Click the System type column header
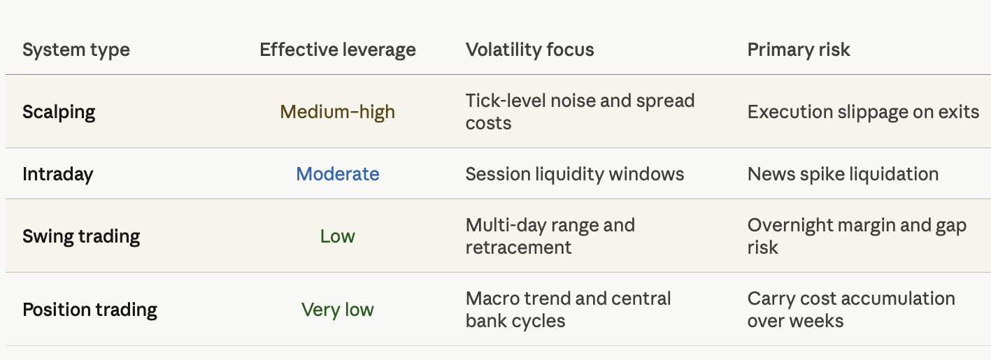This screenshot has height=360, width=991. tap(76, 50)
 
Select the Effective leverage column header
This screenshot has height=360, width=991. tap(338, 50)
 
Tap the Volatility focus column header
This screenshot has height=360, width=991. tap(529, 50)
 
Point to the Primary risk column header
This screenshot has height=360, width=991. tap(799, 50)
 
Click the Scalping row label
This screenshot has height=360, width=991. tap(59, 113)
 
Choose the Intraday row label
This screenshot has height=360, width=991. tap(58, 174)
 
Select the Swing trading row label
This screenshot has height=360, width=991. tap(81, 236)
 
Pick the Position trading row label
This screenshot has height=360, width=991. tap(90, 310)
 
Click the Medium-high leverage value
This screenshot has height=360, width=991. tap(338, 113)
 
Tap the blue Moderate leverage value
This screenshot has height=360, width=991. tap(338, 174)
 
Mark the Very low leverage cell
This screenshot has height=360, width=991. tap(338, 310)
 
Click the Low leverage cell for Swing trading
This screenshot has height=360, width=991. tap(338, 236)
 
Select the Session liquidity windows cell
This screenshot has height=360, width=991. tap(575, 174)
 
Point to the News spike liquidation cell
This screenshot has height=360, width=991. tap(843, 174)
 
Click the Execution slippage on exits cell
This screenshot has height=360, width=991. tap(863, 113)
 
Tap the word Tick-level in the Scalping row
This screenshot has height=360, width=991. tap(506, 101)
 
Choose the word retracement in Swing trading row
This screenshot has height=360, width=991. tap(518, 247)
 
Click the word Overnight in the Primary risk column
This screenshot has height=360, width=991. tap(790, 226)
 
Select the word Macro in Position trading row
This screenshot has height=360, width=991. tap(492, 298)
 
